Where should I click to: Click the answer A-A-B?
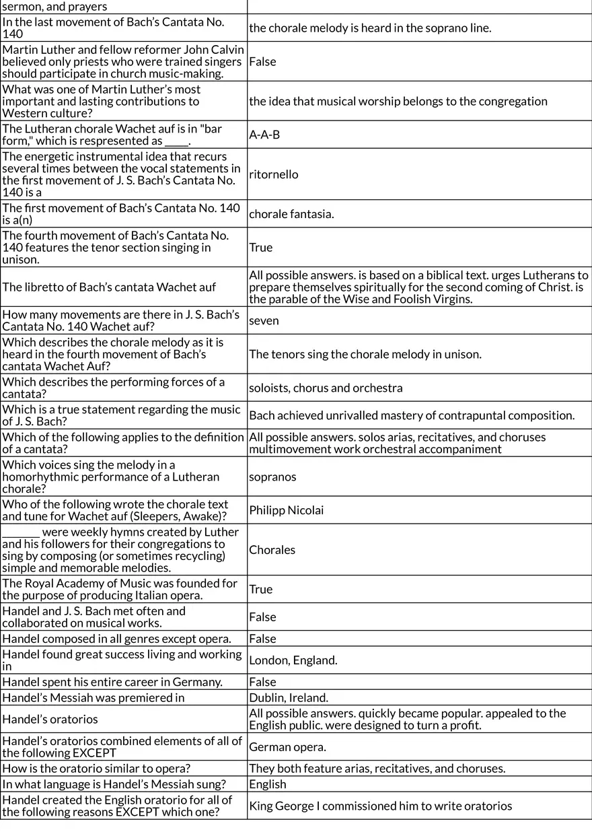click(264, 135)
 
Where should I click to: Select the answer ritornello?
click(273, 174)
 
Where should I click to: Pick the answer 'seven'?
click(264, 320)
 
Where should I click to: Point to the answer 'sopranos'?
click(272, 477)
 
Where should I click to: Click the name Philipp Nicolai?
click(286, 510)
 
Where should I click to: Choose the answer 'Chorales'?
click(272, 550)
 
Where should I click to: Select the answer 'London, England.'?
click(293, 660)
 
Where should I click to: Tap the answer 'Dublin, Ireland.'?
click(289, 698)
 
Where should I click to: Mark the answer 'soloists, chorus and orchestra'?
click(326, 388)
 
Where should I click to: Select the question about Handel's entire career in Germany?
click(112, 682)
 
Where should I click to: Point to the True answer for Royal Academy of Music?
click(260, 589)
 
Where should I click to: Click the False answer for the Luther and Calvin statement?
click(262, 61)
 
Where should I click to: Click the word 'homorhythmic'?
click(36, 477)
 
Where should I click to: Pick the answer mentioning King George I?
click(380, 806)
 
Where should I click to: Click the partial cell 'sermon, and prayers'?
click(54, 7)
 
